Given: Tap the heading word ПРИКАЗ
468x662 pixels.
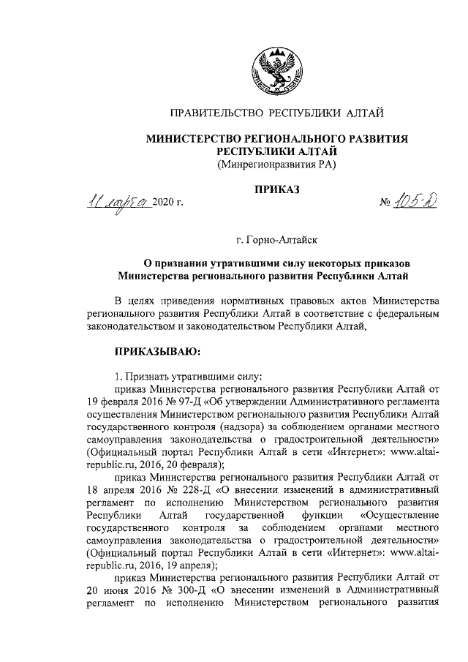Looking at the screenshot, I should point(276,189).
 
